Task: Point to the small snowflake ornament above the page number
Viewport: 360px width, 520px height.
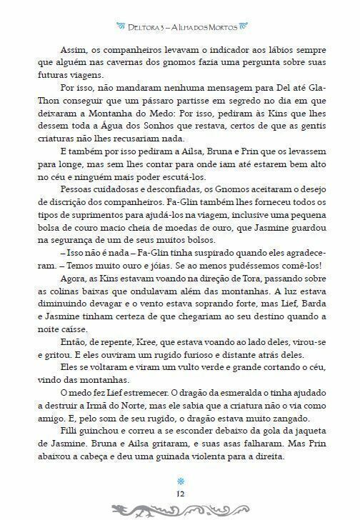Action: (x=180, y=481)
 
